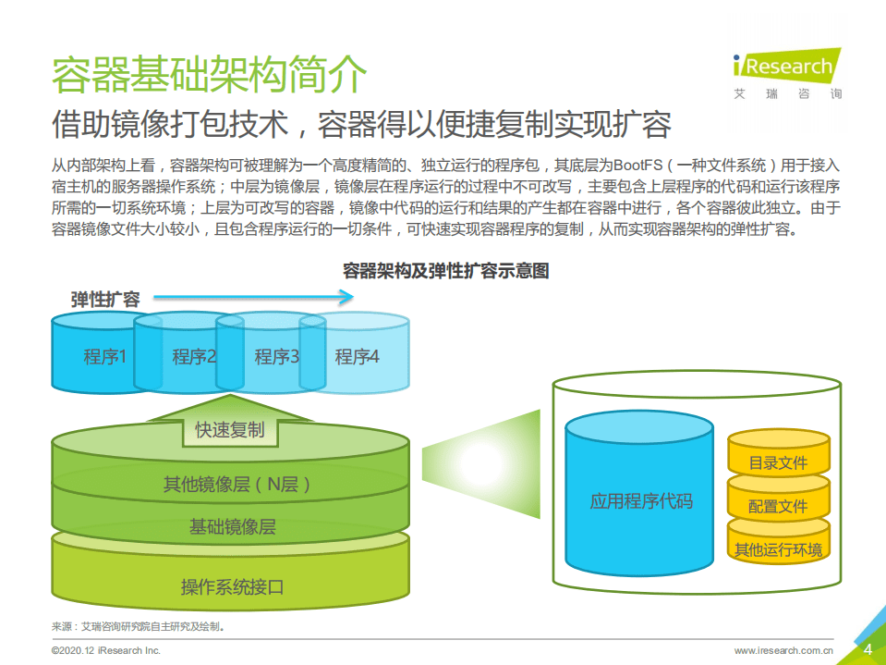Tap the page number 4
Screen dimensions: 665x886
point(867,649)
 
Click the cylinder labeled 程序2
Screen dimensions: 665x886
point(189,356)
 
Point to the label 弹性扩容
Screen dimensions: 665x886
point(105,299)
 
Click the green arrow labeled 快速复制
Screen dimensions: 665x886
point(229,428)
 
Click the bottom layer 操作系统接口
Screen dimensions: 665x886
point(231,585)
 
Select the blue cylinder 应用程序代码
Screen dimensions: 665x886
point(639,502)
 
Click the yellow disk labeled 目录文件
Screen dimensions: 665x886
point(778,462)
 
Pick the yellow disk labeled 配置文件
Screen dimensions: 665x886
point(778,506)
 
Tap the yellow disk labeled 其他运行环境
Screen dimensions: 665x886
point(778,548)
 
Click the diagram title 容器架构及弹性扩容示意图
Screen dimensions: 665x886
point(445,270)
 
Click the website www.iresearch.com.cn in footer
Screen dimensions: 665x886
point(784,651)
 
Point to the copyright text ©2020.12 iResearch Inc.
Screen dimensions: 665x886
point(106,651)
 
